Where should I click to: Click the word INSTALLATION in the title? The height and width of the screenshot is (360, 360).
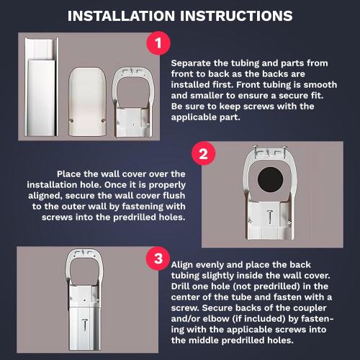point(123,15)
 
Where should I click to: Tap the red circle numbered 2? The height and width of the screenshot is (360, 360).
point(204,154)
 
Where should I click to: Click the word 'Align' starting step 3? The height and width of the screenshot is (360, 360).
point(184,265)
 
